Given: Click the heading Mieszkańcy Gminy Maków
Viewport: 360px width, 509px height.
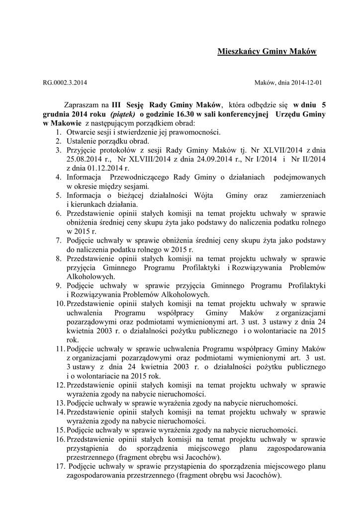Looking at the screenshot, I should coord(267,52).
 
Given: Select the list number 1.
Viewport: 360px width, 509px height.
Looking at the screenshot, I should coord(58,132).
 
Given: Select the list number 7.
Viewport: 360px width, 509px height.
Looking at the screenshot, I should coord(58,240).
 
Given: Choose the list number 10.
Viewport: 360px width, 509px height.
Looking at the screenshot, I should coord(60,304).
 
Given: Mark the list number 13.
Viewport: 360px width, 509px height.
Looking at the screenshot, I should coord(60,402).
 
